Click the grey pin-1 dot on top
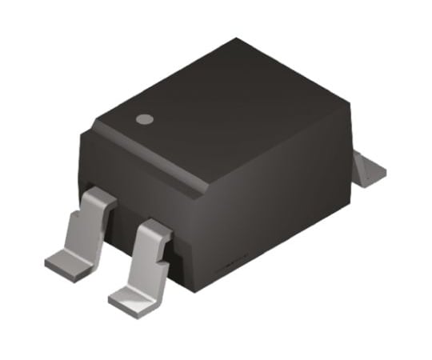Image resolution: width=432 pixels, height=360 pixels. pos(144,120)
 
